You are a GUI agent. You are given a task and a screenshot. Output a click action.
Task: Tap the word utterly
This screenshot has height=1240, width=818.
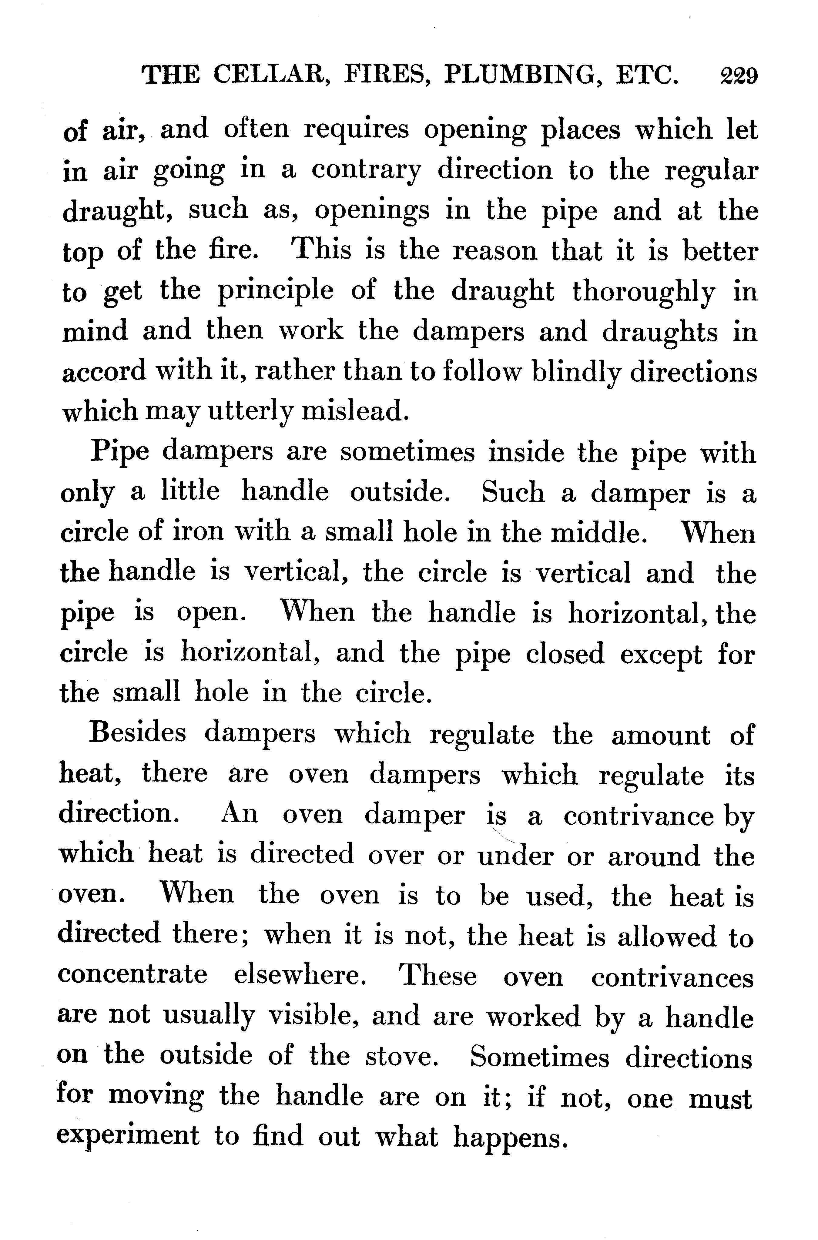click(251, 412)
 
